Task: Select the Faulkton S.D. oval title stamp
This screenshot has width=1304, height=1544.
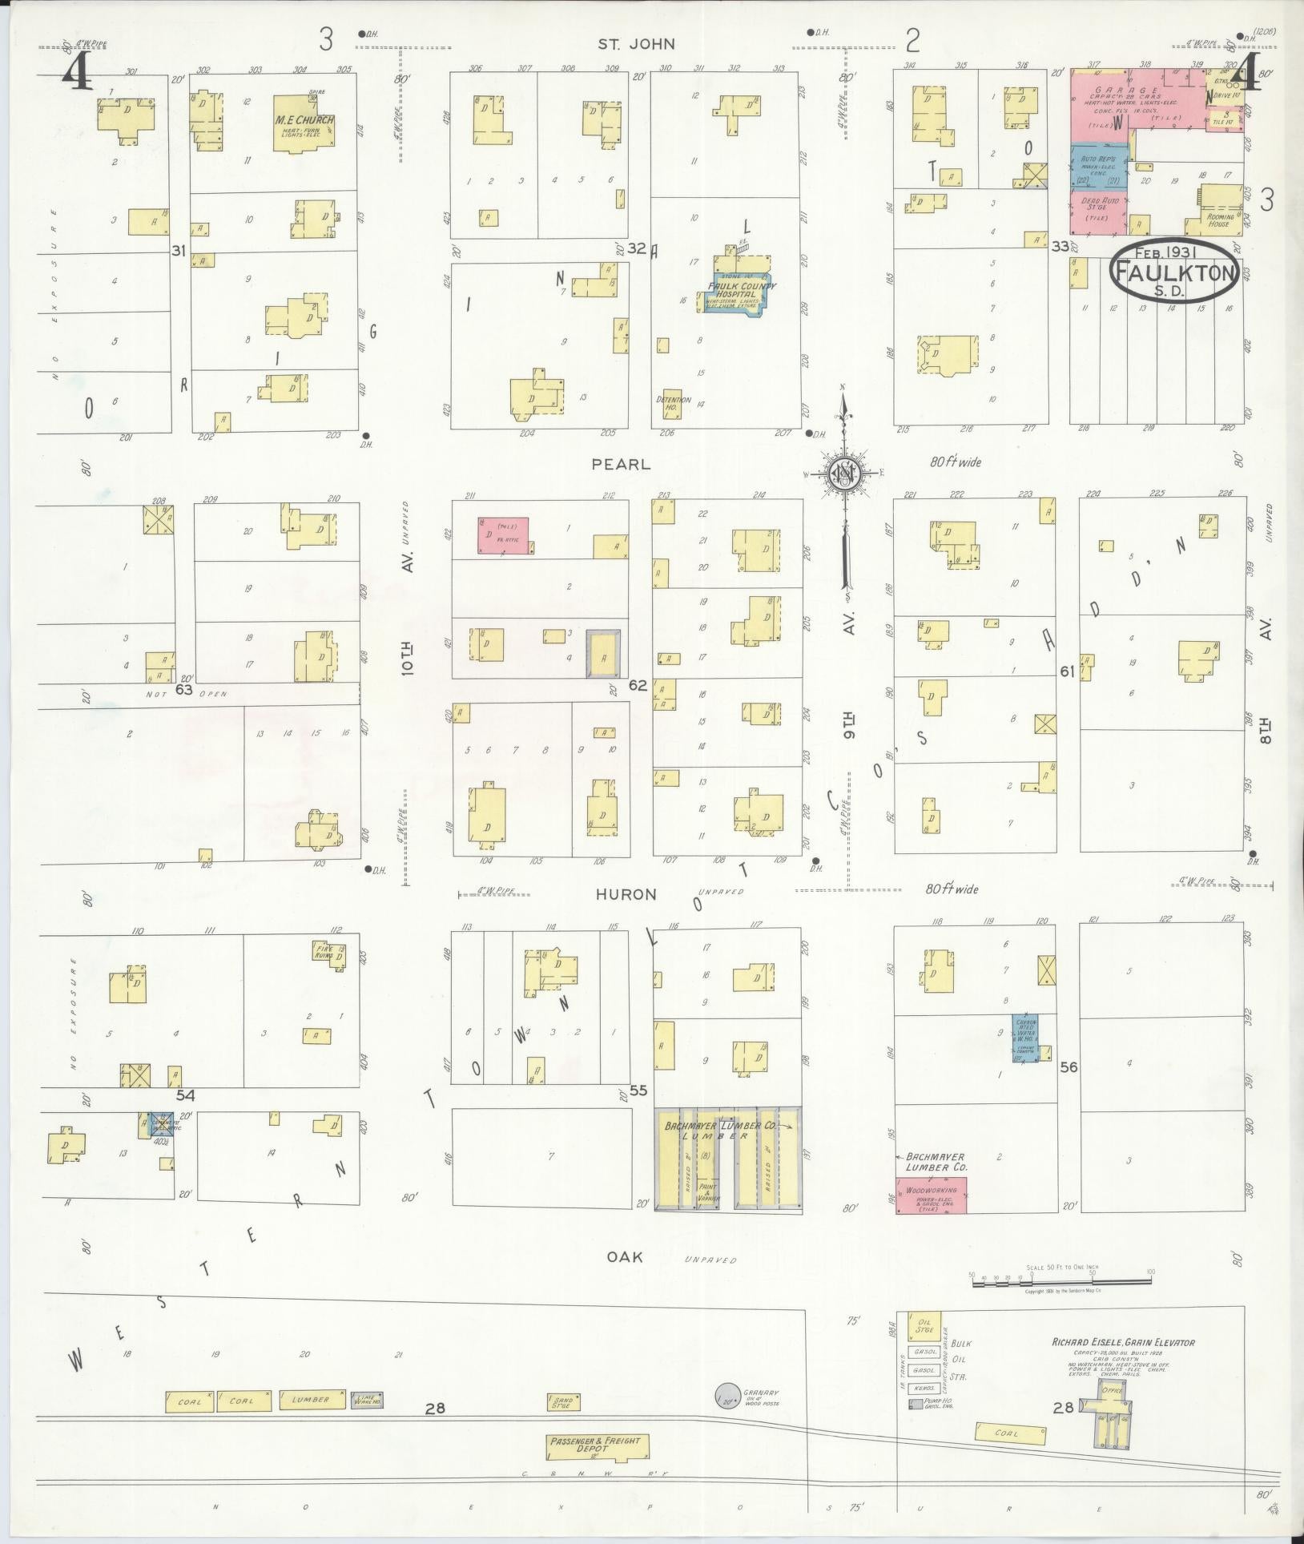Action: tap(1174, 272)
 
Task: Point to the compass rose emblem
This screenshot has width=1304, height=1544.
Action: tap(843, 474)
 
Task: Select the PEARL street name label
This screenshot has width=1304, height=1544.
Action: tap(621, 464)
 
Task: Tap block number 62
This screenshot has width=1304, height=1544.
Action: tap(638, 685)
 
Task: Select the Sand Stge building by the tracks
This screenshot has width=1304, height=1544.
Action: tap(564, 1402)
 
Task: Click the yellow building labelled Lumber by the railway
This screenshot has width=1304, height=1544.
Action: tap(312, 1400)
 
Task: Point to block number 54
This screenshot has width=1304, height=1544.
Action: tap(186, 1095)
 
